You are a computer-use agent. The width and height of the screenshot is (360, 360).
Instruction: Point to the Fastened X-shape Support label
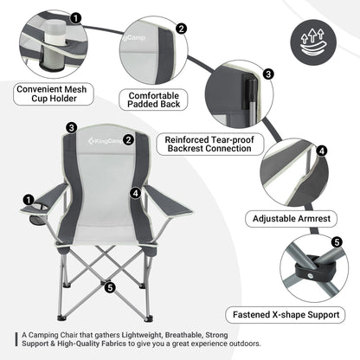click(x=292, y=314)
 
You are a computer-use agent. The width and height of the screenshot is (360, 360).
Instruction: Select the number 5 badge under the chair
click(x=108, y=286)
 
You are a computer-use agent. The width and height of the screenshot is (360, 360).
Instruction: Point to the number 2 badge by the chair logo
click(x=127, y=138)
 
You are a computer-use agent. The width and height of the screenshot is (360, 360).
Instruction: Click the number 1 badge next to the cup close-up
click(x=77, y=16)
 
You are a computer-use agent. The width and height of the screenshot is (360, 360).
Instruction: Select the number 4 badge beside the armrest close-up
click(x=321, y=150)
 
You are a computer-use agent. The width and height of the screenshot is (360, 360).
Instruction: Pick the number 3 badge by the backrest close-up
click(x=268, y=74)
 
